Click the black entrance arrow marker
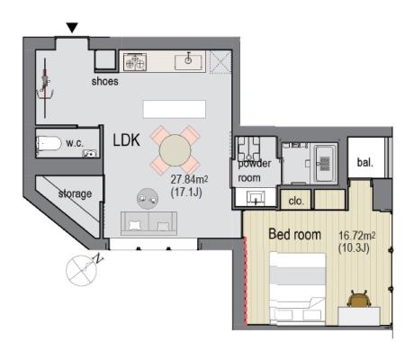(72, 28)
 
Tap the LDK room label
(126, 140)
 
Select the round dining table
(175, 150)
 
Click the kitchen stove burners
(135, 62)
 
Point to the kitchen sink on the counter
(188, 61)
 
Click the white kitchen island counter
(175, 109)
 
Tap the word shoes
(104, 81)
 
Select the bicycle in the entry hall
(45, 87)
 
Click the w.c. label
(75, 143)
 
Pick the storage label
(75, 193)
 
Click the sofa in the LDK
(148, 223)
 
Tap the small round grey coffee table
(148, 199)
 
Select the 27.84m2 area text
(189, 179)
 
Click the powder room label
(255, 170)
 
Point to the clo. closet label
(296, 201)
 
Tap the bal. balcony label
(365, 162)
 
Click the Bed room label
(294, 234)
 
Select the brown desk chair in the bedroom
(359, 299)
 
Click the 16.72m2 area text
(357, 235)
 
